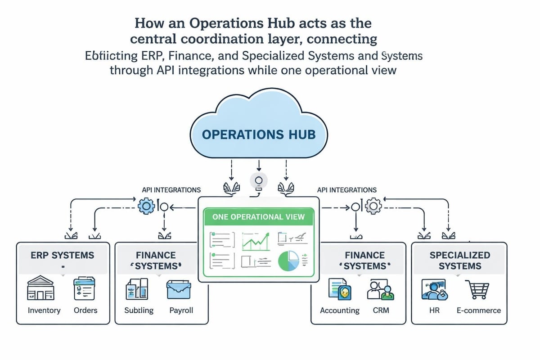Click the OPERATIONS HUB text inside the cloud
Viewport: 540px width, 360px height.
pyautogui.click(x=259, y=134)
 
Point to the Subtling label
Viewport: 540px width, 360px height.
pyautogui.click(x=139, y=310)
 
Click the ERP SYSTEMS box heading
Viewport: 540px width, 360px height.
pyautogui.click(x=63, y=255)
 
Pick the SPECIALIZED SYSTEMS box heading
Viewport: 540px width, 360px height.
pyautogui.click(x=459, y=260)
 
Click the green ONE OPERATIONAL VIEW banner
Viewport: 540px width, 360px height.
pyautogui.click(x=258, y=217)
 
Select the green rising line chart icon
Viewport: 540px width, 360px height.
pyautogui.click(x=256, y=241)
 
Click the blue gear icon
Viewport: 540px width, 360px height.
pyautogui.click(x=145, y=207)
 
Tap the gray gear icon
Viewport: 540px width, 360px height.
pyautogui.click(x=373, y=207)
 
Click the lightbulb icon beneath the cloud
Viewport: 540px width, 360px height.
pyautogui.click(x=258, y=181)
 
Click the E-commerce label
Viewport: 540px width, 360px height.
pyautogui.click(x=478, y=310)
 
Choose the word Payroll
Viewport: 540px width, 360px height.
pyautogui.click(x=181, y=310)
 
